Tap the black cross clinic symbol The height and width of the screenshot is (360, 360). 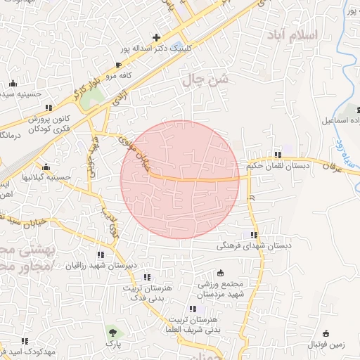pos(156,37)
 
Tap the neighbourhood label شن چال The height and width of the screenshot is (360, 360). pos(206,81)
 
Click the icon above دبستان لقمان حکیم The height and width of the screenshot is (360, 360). pos(278,155)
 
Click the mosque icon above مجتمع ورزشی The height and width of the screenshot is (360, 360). pos(220,272)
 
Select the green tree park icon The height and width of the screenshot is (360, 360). pos(111,333)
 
